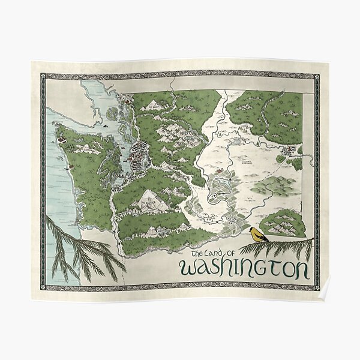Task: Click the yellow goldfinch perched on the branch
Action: coord(259,234)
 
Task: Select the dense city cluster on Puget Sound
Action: coord(139,153)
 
